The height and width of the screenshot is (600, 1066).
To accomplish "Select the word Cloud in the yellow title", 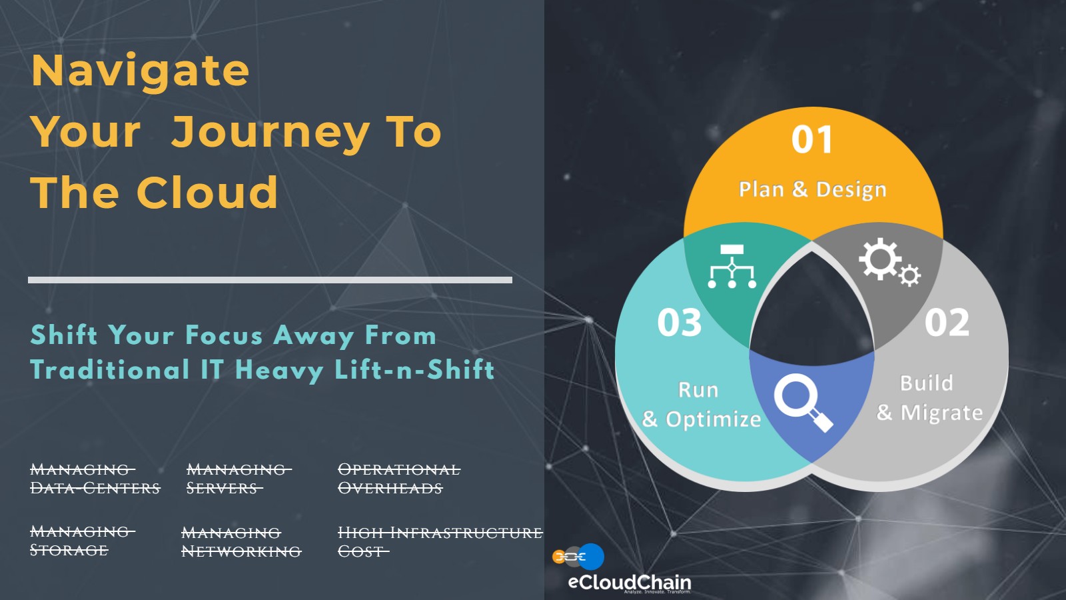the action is tap(207, 192).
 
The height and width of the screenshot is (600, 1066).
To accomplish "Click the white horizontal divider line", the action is tap(270, 280).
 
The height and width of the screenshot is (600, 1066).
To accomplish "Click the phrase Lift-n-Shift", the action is tap(414, 370).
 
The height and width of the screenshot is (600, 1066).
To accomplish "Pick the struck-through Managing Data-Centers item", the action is tap(95, 479).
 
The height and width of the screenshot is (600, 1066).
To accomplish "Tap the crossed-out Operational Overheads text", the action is tap(399, 479).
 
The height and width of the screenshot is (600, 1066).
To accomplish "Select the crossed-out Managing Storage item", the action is tap(83, 541).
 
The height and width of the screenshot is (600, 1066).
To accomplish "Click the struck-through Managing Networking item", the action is tap(241, 542).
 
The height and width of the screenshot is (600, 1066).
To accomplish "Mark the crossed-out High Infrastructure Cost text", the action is tap(440, 542).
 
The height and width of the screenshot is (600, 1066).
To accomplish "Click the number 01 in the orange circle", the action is tap(812, 139).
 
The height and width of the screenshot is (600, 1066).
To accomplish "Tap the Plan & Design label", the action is tap(812, 189).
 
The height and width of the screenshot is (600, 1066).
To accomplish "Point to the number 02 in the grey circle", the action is tap(947, 323).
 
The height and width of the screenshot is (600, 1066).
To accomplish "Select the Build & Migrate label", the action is tap(929, 398).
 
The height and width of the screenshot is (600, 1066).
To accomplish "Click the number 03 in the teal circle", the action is tap(679, 323).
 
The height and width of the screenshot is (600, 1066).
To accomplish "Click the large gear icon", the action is tap(880, 259).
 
